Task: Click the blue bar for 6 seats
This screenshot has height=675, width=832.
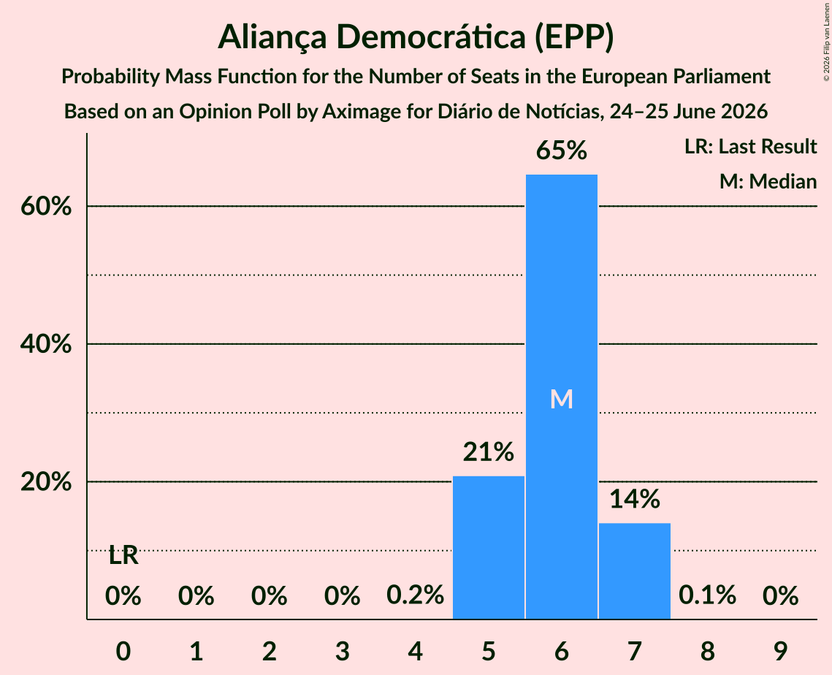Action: [x=562, y=397]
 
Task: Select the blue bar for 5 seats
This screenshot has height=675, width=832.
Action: [x=488, y=547]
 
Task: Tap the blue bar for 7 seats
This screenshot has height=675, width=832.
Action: [x=635, y=571]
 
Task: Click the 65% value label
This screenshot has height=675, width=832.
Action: [x=562, y=150]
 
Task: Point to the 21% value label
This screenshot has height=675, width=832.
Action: [x=488, y=452]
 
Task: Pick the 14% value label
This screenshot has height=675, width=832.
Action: [x=635, y=500]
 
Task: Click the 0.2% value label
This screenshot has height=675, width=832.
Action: [x=415, y=595]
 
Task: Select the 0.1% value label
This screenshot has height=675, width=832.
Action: [x=707, y=595]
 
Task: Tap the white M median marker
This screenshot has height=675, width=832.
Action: [x=562, y=399]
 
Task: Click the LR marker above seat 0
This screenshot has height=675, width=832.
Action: [x=123, y=556]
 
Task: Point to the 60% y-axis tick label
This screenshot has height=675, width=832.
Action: [x=46, y=207]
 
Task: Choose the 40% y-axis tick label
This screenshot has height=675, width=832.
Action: [x=46, y=344]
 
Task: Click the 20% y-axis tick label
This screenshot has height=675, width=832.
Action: [x=46, y=482]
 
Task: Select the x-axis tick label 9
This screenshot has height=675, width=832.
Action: [x=781, y=652]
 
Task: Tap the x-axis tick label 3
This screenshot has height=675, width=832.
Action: [x=343, y=652]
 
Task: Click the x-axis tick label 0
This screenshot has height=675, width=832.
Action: [x=123, y=652]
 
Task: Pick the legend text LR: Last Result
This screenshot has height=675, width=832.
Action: [x=750, y=146]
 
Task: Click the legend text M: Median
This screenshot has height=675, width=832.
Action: [x=768, y=182]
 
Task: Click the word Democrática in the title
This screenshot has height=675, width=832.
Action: [x=430, y=37]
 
